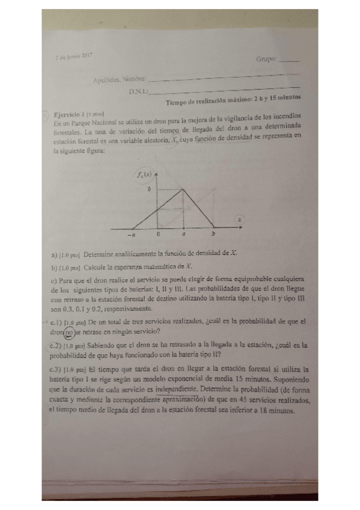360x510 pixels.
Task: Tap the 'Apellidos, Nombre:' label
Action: [120, 79]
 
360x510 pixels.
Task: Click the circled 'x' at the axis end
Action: [239, 221]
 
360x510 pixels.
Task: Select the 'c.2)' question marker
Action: [57, 346]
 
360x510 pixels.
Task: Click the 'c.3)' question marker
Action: [57, 368]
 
